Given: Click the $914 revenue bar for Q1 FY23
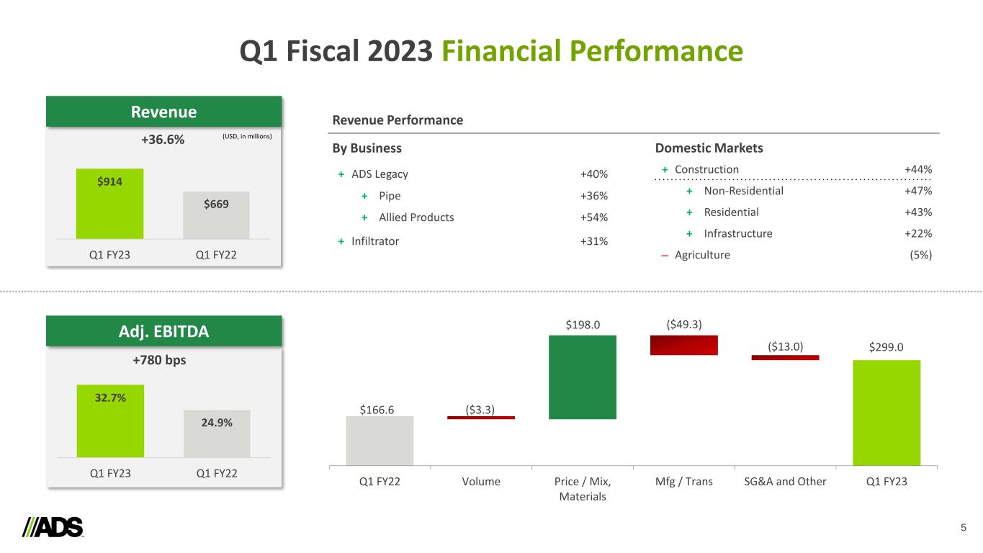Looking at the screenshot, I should pyautogui.click(x=109, y=203).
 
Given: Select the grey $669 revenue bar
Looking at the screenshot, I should pyautogui.click(x=216, y=215).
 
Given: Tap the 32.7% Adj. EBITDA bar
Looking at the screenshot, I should pyautogui.click(x=110, y=421).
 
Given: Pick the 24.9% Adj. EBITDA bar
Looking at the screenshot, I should pyautogui.click(x=217, y=433).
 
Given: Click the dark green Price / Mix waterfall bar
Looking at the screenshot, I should pyautogui.click(x=582, y=377).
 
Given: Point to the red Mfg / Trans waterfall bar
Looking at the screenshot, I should pyautogui.click(x=683, y=345).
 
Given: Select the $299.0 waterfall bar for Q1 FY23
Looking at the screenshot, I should pyautogui.click(x=887, y=413).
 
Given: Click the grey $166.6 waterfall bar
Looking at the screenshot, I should pyautogui.click(x=380, y=441).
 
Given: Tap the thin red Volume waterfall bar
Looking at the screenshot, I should pyautogui.click(x=480, y=418).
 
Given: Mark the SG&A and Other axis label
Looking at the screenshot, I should pyautogui.click(x=785, y=482).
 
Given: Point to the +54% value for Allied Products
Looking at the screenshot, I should pyautogui.click(x=594, y=217).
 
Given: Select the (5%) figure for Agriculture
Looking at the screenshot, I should pyautogui.click(x=921, y=255).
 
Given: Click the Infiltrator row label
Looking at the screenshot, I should pyautogui.click(x=375, y=241).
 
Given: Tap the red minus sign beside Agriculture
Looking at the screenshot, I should pyautogui.click(x=663, y=255).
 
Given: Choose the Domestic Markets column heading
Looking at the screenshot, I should pyautogui.click(x=709, y=148).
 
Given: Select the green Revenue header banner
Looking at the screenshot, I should pyautogui.click(x=163, y=112).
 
